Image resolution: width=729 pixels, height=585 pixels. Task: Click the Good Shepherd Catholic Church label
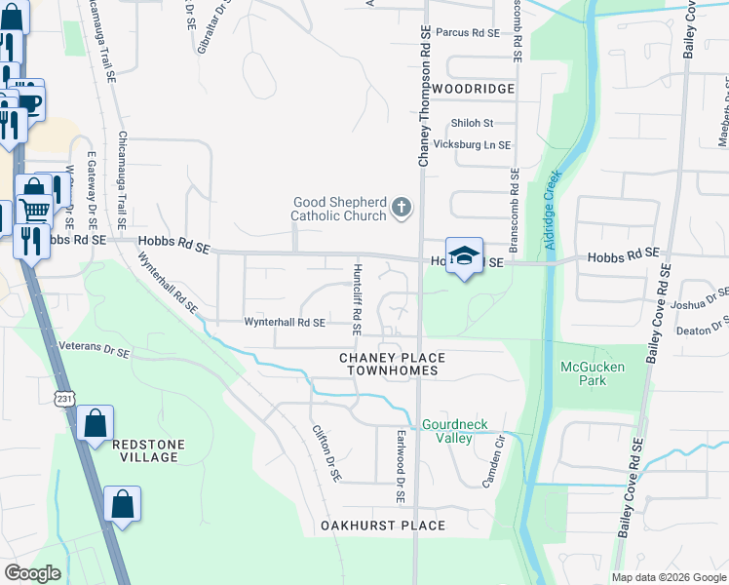(340, 209)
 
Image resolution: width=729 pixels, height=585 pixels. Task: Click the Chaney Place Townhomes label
(390, 365)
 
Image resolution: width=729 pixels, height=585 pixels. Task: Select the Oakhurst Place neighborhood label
(383, 526)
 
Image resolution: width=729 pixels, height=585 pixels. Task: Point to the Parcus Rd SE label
(467, 32)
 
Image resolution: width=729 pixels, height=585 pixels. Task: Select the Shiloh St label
(472, 123)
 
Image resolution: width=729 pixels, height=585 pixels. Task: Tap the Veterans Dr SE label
(95, 345)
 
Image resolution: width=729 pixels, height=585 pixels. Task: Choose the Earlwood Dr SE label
(400, 467)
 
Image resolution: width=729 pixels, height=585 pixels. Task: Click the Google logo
(32, 572)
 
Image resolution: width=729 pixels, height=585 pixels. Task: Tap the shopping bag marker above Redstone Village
(95, 424)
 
